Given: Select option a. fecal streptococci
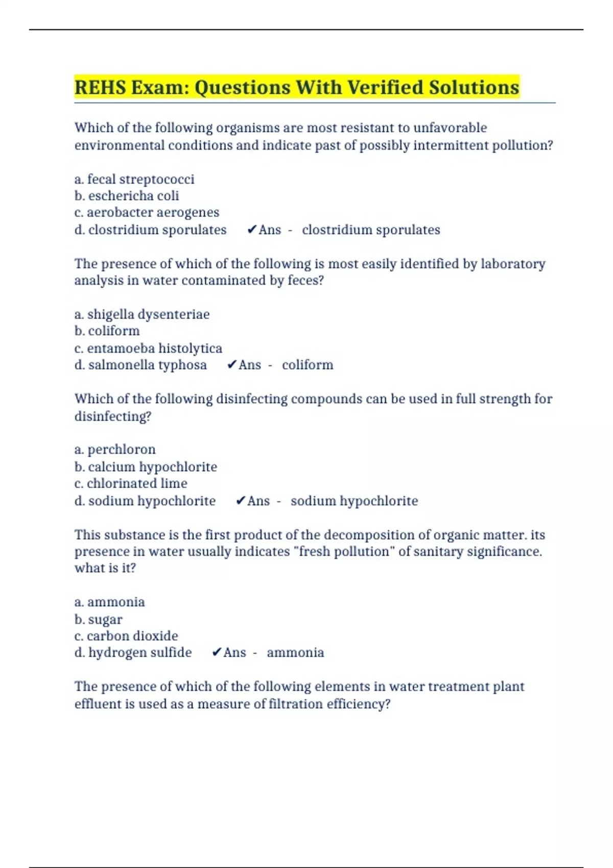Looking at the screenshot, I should pos(134,179).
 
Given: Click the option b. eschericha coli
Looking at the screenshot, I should pos(127,196).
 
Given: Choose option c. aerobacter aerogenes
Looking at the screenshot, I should pos(147,212).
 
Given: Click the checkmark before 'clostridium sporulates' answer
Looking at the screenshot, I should pos(251,230).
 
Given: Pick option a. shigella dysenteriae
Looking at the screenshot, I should pos(142,314).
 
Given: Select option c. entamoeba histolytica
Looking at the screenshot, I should pos(148,348).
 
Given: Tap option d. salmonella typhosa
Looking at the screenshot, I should pos(140,365).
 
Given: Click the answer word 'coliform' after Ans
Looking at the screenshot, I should pos(308,365).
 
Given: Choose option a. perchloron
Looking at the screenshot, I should pos(115,449).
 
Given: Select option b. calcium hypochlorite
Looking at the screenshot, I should pos(146,467).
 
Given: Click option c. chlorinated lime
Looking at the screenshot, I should pos(131,484).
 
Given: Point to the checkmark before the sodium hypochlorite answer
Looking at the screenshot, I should pos(241,501).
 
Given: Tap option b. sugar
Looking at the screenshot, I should pos(99,619).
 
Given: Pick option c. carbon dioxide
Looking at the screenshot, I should pos(126,636).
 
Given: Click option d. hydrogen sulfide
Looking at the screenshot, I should pos(133,653).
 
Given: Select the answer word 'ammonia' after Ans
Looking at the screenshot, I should pos(295,653).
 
